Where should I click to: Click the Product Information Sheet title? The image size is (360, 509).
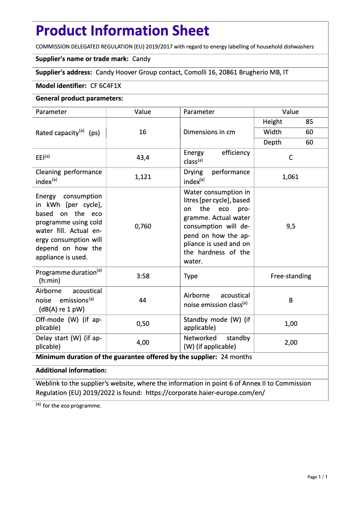point(122,31)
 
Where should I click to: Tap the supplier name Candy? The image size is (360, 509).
point(141,59)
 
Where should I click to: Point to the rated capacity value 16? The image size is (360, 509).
point(143,132)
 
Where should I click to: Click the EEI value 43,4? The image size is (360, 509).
point(143,158)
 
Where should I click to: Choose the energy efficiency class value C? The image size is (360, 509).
point(290,158)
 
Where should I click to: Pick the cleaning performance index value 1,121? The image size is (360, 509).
point(143,177)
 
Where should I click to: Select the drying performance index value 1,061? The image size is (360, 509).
point(290,177)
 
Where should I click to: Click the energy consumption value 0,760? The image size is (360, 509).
point(143,226)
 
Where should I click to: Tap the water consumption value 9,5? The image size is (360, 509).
point(290,226)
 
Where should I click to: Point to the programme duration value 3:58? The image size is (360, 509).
point(143,276)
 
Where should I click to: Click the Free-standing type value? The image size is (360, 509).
point(290,276)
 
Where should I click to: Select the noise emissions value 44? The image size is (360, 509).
point(143,300)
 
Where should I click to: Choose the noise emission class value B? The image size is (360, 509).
point(290,300)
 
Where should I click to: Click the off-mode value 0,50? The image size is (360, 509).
point(143,324)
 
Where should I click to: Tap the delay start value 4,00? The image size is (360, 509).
point(143,342)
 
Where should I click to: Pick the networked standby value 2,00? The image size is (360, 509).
point(290,342)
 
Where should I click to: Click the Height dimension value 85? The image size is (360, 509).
point(309,122)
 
